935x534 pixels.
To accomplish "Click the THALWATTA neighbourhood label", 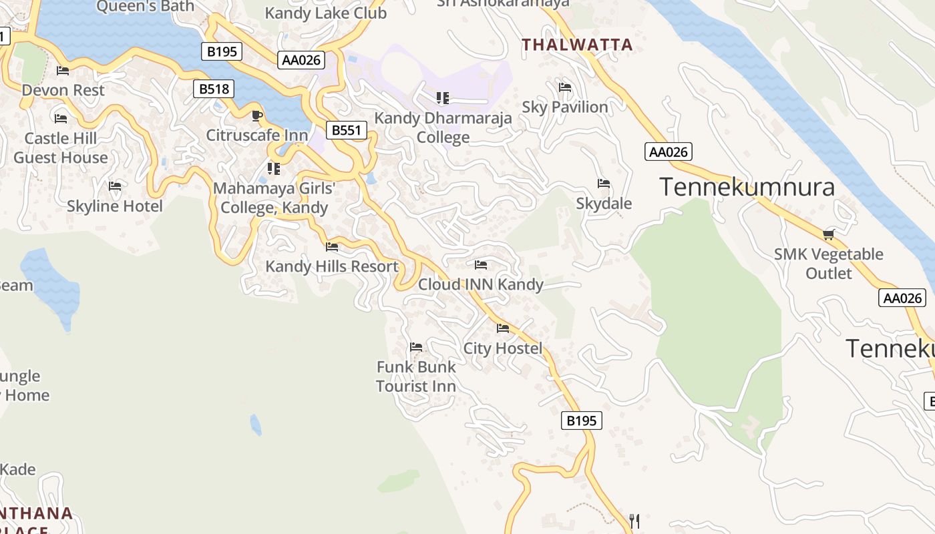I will coord(577,45).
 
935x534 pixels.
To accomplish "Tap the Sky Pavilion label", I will coord(565,107).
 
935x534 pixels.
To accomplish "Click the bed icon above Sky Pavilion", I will coord(564,87).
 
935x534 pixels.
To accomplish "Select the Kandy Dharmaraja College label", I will coord(443,127).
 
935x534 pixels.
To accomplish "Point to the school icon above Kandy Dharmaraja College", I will coord(442,98).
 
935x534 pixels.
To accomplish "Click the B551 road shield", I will coord(347,129).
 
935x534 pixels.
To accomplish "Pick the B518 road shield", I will coord(214,89).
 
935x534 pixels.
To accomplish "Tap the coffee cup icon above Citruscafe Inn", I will coord(256,115).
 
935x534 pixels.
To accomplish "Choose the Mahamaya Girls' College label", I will coord(274,198).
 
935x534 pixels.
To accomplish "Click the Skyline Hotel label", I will coord(115,206).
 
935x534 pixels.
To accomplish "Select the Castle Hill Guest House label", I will coord(61,148).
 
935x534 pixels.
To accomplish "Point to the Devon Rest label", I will coord(63,90).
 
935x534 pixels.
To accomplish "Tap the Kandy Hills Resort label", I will coord(332,266).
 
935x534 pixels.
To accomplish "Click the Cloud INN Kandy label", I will coord(481,284).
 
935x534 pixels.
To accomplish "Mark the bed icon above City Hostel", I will coord(503,328).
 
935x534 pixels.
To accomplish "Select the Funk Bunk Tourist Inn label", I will coord(416,376).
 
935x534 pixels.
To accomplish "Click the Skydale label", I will coord(604,204).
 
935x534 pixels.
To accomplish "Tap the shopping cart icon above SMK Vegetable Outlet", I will coord(829,234).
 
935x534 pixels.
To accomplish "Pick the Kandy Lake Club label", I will coord(326,13).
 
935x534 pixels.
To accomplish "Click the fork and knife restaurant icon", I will coord(634,521).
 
